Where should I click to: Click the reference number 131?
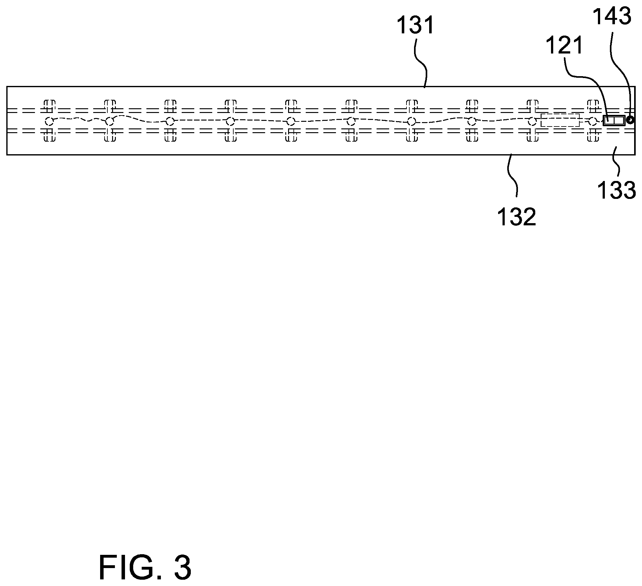416,25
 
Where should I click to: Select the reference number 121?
564,45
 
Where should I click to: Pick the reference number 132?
517,217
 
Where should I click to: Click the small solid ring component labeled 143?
630,120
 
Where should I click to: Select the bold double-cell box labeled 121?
614,120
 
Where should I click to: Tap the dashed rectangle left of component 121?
560,120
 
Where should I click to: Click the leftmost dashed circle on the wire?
49,121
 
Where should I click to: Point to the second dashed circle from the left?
110,121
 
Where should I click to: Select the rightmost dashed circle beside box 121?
593,121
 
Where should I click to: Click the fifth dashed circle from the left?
290,121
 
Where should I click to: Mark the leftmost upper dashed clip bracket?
49,106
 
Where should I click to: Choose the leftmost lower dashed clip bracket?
49,135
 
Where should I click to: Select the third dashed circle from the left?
170,121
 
